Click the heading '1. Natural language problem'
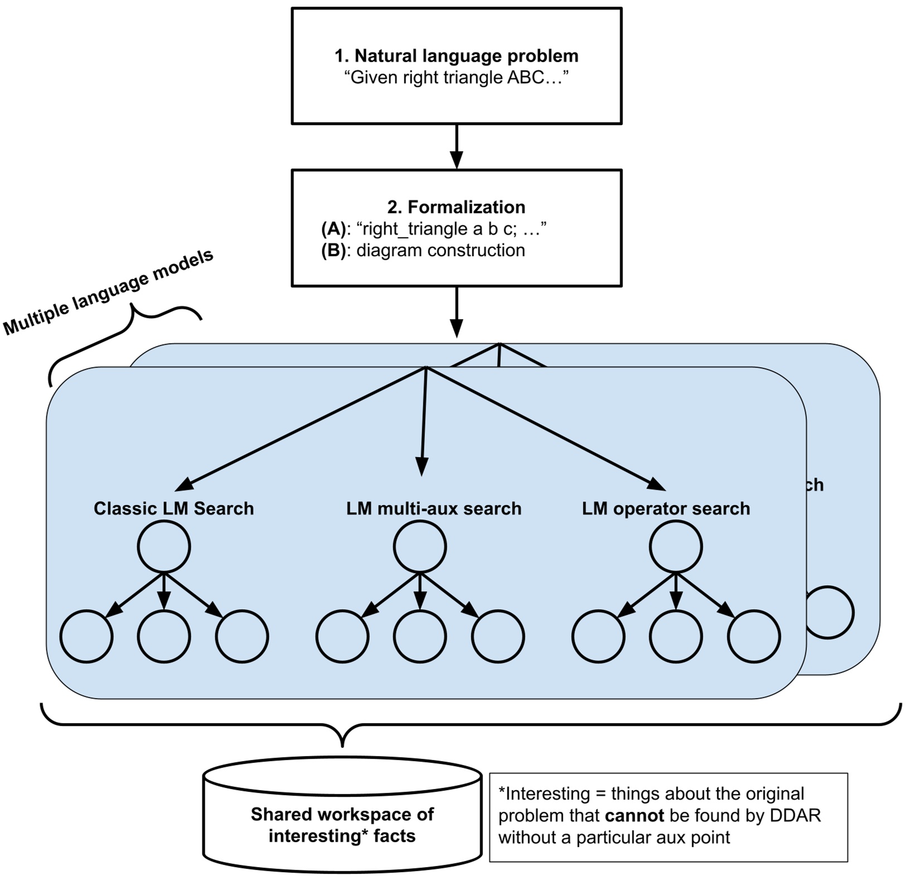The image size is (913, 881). pyautogui.click(x=456, y=56)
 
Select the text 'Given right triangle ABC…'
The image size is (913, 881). pyautogui.click(x=456, y=78)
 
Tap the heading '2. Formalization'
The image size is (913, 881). pyautogui.click(x=456, y=207)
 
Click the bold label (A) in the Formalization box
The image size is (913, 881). pyautogui.click(x=334, y=229)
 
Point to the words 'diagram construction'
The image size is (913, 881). pyautogui.click(x=441, y=251)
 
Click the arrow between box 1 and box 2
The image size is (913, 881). pyautogui.click(x=456, y=146)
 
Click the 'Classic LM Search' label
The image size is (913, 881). pyautogui.click(x=173, y=508)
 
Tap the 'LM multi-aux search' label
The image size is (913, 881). pyautogui.click(x=433, y=508)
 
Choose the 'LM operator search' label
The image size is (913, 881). pyautogui.click(x=666, y=508)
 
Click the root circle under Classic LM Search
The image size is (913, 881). pyautogui.click(x=164, y=546)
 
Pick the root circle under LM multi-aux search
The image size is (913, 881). pyautogui.click(x=420, y=546)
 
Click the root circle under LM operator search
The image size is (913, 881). pyautogui.click(x=676, y=546)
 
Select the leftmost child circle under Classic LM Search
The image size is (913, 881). pyautogui.click(x=86, y=637)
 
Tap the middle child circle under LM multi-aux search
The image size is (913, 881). pyautogui.click(x=420, y=637)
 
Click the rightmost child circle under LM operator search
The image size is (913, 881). pyautogui.click(x=753, y=637)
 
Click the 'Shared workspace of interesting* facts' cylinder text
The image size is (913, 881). pyautogui.click(x=342, y=825)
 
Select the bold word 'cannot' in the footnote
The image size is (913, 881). pyautogui.click(x=634, y=816)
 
